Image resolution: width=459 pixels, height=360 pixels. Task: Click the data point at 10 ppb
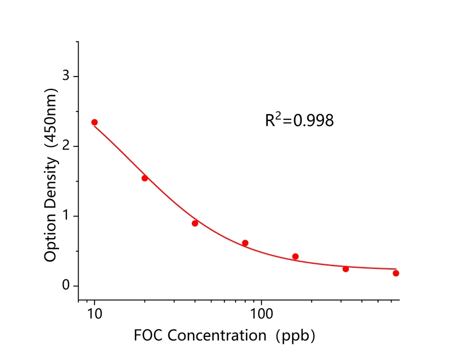[94, 122]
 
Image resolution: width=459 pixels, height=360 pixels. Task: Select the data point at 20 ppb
[145, 178]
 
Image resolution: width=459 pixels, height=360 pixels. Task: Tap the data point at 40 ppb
[195, 223]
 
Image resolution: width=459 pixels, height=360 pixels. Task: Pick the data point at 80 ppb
[245, 243]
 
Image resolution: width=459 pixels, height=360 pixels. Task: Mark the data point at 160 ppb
[295, 256]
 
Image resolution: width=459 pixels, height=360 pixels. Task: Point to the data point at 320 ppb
[345, 269]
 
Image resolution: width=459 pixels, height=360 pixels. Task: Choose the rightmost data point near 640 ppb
[396, 273]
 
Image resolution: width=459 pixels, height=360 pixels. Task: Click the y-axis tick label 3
[66, 76]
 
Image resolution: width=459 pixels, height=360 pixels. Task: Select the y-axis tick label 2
[66, 146]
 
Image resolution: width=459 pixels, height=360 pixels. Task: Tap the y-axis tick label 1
[66, 216]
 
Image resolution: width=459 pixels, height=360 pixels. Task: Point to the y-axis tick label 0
[66, 286]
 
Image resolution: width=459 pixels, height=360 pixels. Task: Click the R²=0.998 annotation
[299, 120]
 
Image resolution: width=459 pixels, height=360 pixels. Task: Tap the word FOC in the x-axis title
[148, 336]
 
